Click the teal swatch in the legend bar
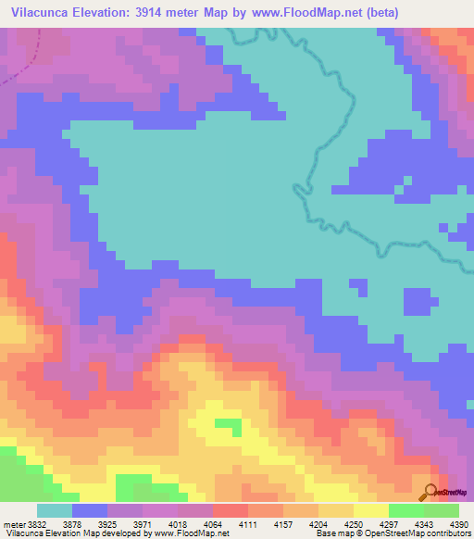[54, 510]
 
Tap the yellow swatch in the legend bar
[370, 510]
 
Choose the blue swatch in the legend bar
[89, 510]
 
